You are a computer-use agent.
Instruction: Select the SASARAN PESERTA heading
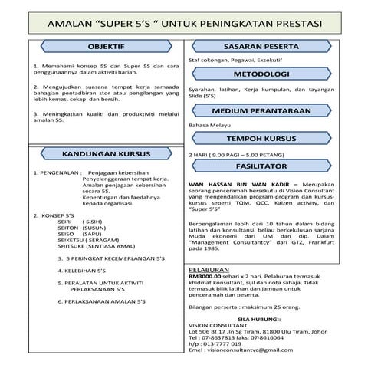coord(260,46)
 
